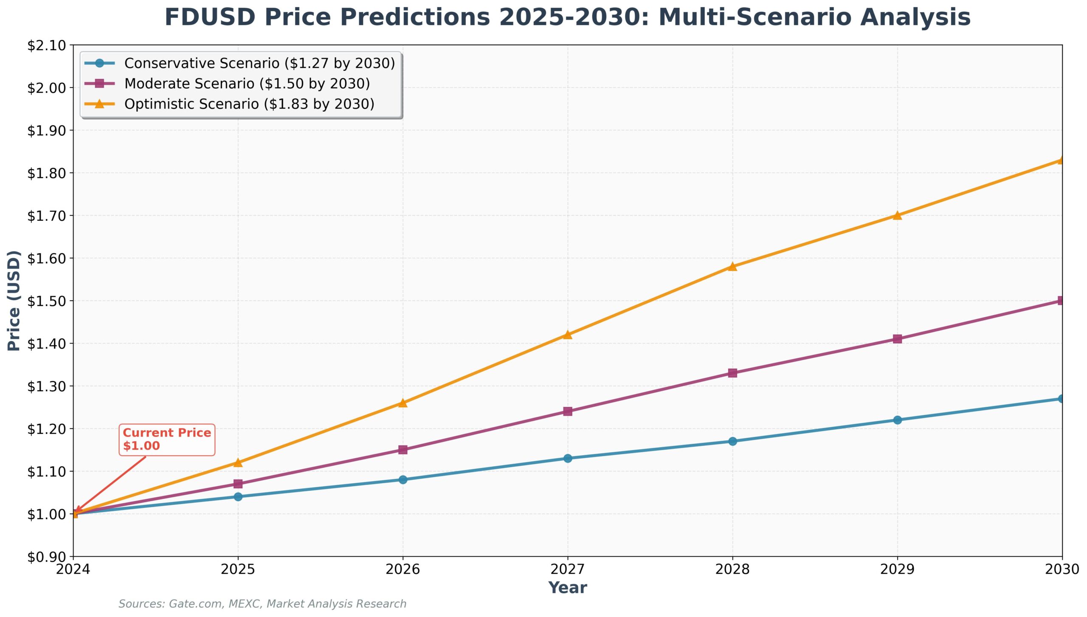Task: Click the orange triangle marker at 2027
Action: click(x=568, y=335)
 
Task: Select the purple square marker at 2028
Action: click(x=732, y=373)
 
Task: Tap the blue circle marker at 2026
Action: click(x=403, y=479)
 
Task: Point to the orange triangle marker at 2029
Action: click(x=897, y=215)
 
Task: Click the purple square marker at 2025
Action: click(x=238, y=484)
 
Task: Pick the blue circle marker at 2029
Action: click(x=897, y=420)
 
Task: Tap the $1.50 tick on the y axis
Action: click(x=47, y=301)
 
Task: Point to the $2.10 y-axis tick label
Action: click(x=47, y=45)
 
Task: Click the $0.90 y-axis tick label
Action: click(x=47, y=557)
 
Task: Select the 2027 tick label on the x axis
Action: click(x=568, y=569)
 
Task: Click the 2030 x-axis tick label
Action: click(x=1062, y=569)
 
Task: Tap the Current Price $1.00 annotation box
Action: click(x=167, y=440)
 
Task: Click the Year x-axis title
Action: click(x=568, y=588)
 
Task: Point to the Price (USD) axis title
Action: click(x=14, y=301)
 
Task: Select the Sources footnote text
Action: click(x=262, y=604)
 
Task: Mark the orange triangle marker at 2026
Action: click(x=403, y=403)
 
